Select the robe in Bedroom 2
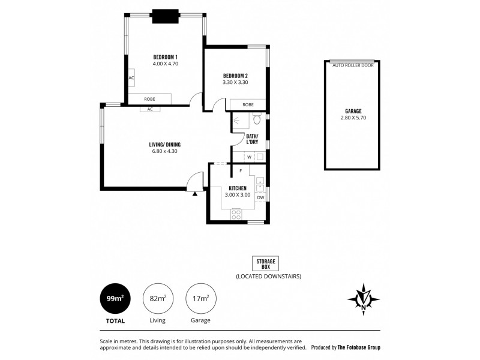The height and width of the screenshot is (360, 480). tap(248, 105)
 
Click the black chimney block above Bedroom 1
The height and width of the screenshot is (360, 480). tap(164, 16)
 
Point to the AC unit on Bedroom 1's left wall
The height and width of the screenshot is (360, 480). tap(131, 78)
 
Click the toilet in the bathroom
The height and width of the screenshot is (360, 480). tap(256, 119)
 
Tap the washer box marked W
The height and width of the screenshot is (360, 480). tap(249, 157)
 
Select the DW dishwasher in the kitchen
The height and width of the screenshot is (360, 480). tap(260, 197)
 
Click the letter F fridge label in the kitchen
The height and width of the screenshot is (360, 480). tap(240, 171)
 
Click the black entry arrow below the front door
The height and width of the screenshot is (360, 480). tap(195, 193)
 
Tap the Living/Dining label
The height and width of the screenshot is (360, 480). tap(165, 145)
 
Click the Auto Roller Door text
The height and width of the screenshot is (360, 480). tap(353, 65)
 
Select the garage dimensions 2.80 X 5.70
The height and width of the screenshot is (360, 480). tap(353, 118)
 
